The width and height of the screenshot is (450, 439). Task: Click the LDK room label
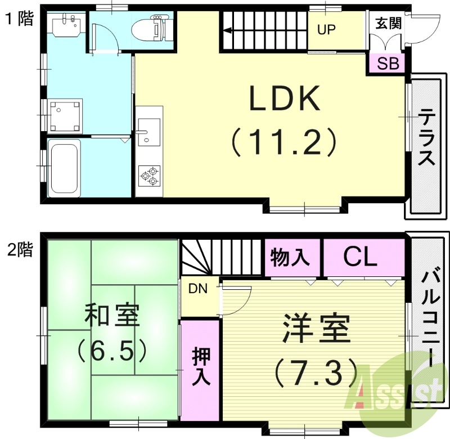(285, 100)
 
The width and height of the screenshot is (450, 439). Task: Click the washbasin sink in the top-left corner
(66, 25)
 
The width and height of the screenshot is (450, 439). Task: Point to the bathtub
(64, 168)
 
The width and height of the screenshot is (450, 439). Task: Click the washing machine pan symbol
(66, 115)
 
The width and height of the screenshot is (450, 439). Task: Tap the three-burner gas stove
(149, 176)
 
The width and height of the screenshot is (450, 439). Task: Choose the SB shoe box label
(388, 63)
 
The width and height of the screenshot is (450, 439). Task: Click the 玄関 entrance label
(388, 24)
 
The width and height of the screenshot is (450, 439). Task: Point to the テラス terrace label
(426, 138)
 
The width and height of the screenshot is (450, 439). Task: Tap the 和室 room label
(111, 316)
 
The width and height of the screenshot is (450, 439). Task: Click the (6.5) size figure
(111, 351)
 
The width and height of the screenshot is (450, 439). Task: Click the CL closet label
(360, 258)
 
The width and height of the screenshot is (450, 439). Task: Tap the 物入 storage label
(290, 258)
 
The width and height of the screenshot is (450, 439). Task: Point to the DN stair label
(198, 289)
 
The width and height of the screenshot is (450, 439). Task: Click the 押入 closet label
(200, 366)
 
